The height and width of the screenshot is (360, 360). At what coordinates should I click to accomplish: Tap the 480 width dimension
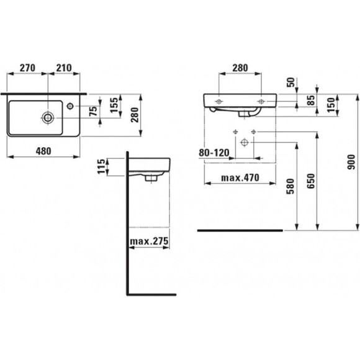click(43, 150)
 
